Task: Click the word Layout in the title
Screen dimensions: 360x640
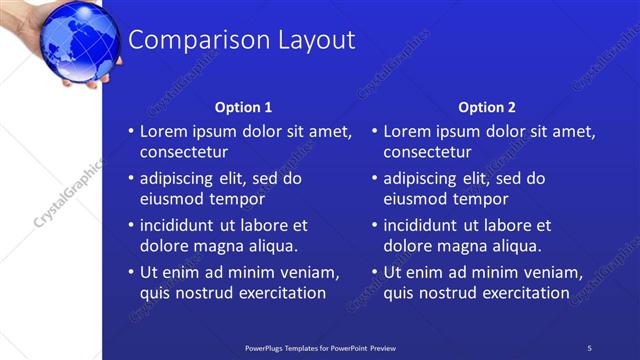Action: (x=310, y=40)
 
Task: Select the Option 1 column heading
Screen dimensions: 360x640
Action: (x=243, y=107)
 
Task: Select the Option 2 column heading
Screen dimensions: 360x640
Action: (x=487, y=107)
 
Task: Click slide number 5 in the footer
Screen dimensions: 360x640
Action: (x=589, y=347)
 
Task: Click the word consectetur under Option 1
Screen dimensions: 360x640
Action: (x=184, y=153)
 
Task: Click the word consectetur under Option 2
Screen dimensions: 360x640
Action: (x=428, y=153)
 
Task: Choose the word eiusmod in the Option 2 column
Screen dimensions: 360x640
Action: (x=414, y=199)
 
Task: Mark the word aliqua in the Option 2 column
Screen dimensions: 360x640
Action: (x=517, y=246)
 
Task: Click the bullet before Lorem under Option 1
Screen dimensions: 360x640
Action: (x=130, y=132)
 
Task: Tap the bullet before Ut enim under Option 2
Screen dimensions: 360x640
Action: (x=374, y=273)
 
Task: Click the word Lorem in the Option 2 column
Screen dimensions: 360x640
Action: (x=407, y=132)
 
